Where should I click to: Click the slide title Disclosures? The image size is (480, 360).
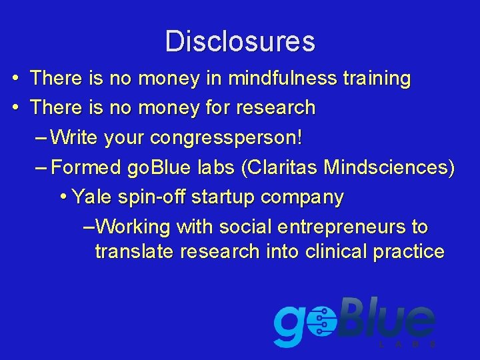click(240, 41)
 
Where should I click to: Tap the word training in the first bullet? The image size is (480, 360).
click(377, 79)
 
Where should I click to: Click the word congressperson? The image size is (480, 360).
click(227, 138)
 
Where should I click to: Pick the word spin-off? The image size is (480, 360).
click(155, 197)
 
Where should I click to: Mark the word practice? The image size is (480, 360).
click(411, 251)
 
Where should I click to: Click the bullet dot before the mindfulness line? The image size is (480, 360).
click(15, 79)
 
